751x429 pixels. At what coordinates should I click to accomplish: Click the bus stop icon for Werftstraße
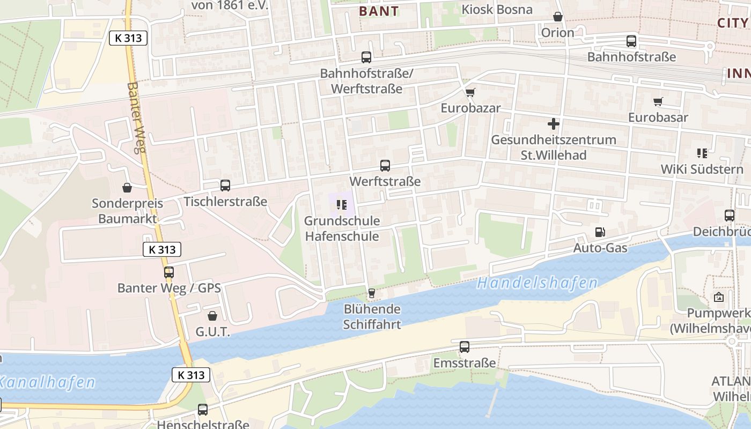385,166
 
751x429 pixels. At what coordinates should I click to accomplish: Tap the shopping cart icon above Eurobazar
470,92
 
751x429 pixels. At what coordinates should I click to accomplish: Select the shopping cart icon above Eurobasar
658,101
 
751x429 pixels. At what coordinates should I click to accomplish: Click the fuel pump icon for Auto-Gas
600,232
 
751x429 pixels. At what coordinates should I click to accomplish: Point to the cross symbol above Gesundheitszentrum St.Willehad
554,124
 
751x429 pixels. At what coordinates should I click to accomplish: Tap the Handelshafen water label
537,283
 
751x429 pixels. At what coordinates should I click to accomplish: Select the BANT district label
379,11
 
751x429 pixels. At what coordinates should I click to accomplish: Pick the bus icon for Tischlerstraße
225,186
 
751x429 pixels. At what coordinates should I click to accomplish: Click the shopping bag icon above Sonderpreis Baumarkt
127,188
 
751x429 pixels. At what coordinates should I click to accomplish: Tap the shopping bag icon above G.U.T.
212,316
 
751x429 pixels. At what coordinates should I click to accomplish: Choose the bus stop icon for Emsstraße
465,347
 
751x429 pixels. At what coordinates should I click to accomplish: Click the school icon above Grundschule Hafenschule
342,204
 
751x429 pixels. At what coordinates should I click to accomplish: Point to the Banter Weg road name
137,117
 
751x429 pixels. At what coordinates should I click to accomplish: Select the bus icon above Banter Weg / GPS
169,272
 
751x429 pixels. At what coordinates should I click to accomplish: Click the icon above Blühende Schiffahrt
371,293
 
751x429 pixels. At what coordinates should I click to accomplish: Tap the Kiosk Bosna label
497,10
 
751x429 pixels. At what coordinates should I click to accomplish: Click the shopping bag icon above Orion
558,17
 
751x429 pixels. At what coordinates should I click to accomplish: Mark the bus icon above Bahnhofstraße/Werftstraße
366,57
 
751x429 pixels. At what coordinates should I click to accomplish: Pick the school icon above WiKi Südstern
702,153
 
